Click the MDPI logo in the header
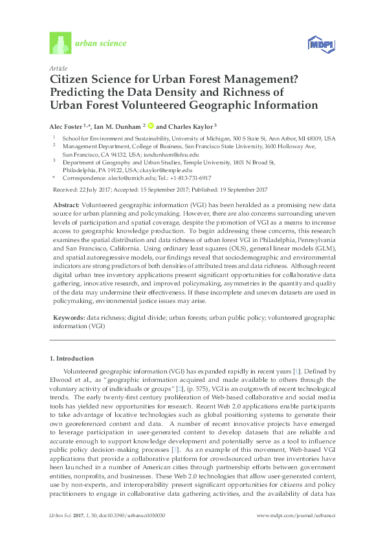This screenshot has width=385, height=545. click(x=321, y=44)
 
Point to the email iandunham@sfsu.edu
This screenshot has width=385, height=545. click(x=171, y=155)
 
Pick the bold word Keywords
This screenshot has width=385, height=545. click(x=68, y=318)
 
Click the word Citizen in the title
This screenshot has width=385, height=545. click(x=71, y=79)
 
